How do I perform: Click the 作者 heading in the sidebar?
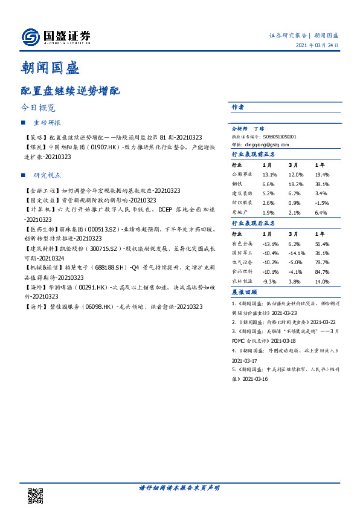[238, 107]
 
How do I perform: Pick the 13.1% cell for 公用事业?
[270, 174]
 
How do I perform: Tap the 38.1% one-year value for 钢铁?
[322, 184]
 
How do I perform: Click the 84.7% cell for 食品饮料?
[322, 272]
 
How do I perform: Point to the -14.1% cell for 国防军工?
[297, 253]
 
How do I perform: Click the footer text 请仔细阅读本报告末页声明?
[179, 487]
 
